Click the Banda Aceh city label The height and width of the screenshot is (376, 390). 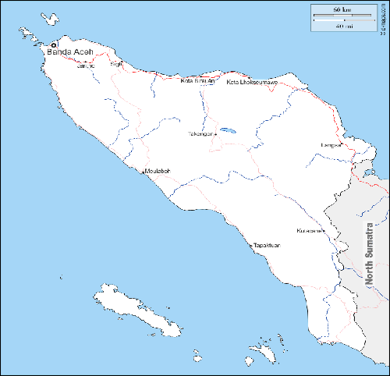71,52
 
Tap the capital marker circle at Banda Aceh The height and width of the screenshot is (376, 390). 53,45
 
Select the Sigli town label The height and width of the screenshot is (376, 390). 117,64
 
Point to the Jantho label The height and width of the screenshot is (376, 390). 86,66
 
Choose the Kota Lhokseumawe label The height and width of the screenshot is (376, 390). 251,82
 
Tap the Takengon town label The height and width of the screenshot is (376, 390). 200,133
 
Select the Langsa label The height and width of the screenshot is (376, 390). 331,145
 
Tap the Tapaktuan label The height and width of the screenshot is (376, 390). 267,246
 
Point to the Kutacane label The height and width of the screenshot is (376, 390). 310,231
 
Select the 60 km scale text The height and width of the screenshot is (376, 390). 342,9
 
